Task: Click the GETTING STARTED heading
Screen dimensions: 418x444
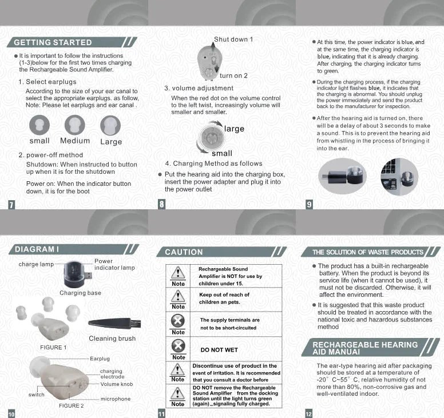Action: [53, 42]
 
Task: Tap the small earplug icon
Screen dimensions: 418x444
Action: [39, 125]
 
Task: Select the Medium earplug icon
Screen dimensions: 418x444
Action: [75, 125]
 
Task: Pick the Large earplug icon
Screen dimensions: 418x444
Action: [110, 125]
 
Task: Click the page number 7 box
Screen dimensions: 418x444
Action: [12, 204]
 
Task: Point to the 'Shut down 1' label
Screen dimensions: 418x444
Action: [233, 39]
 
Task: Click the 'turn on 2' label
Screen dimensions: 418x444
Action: [233, 75]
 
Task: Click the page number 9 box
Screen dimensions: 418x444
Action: [310, 204]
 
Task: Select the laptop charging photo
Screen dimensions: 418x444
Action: [399, 176]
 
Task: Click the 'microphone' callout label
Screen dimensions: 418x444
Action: [116, 399]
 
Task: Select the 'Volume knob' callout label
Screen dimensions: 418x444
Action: [117, 384]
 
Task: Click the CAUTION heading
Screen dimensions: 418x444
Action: [184, 252]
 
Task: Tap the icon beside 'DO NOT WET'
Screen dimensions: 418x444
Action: [179, 346]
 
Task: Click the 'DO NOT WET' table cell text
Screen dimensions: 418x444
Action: [219, 350]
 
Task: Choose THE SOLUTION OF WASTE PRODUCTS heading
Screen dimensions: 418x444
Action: [368, 252]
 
